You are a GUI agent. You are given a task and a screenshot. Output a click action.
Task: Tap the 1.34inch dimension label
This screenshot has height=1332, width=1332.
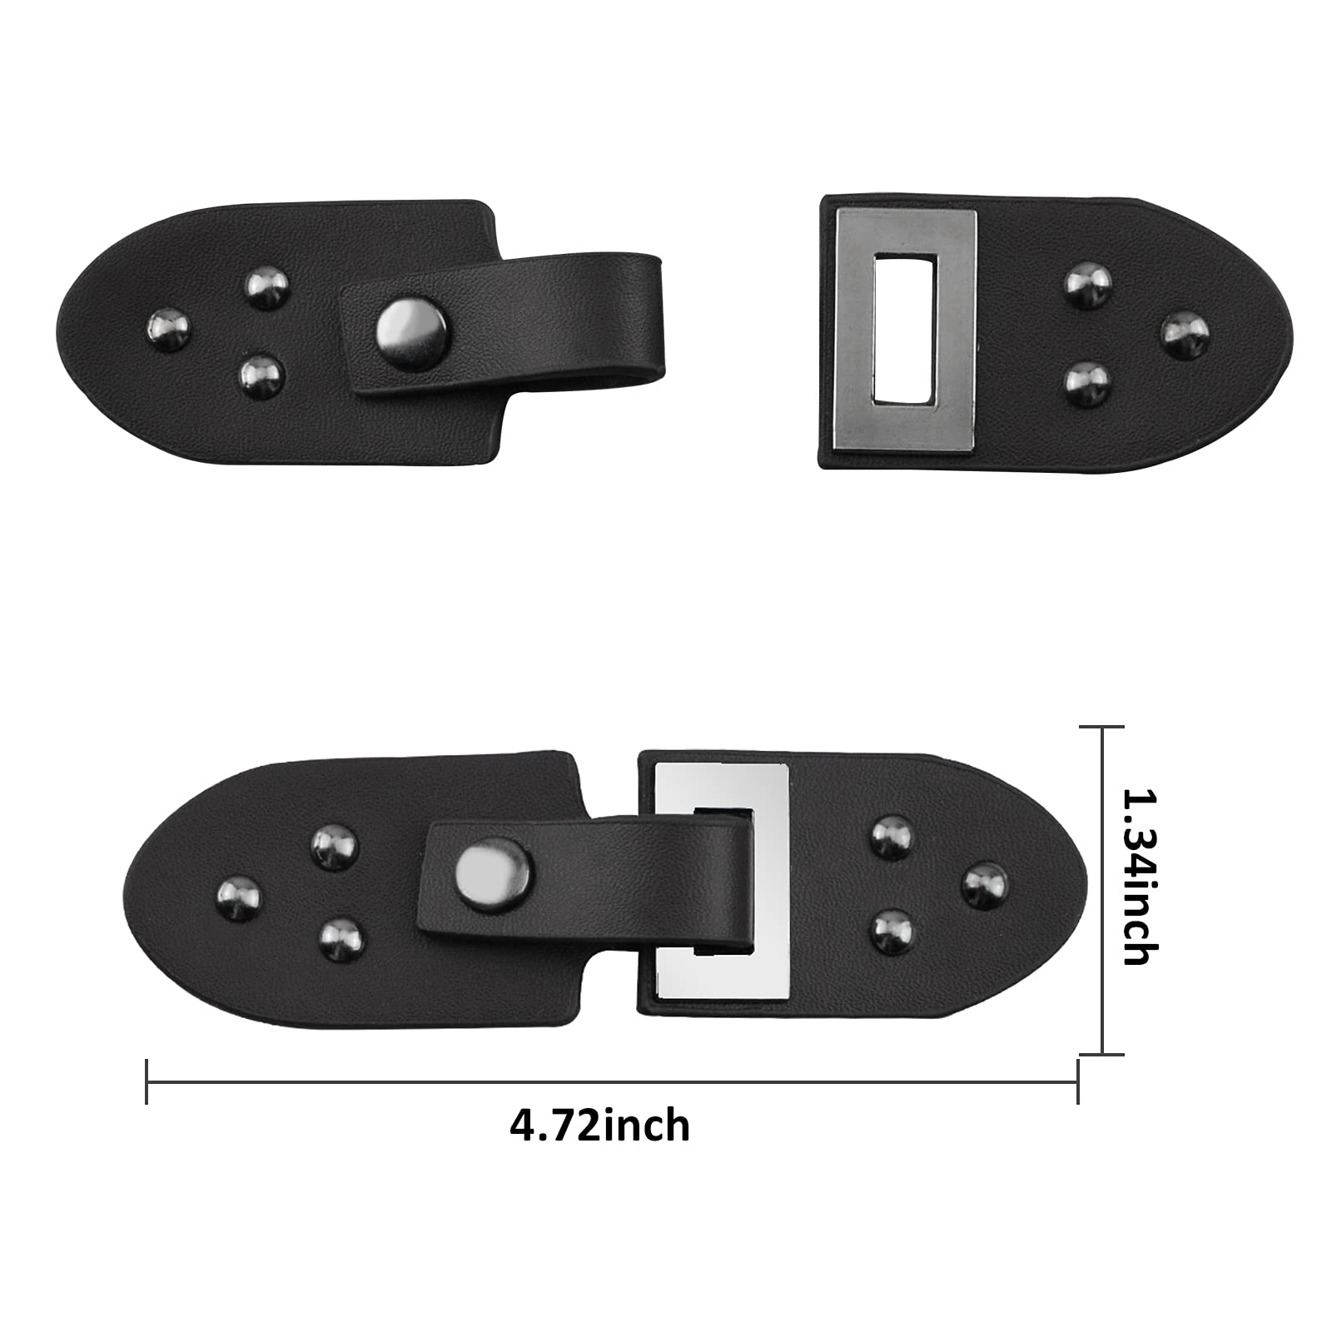[x=1139, y=877]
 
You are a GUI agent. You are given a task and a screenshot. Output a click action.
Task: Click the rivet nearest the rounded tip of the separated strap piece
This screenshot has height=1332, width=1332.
[x=168, y=330]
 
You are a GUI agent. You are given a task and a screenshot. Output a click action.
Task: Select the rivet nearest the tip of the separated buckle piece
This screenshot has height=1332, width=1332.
[x=1185, y=335]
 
